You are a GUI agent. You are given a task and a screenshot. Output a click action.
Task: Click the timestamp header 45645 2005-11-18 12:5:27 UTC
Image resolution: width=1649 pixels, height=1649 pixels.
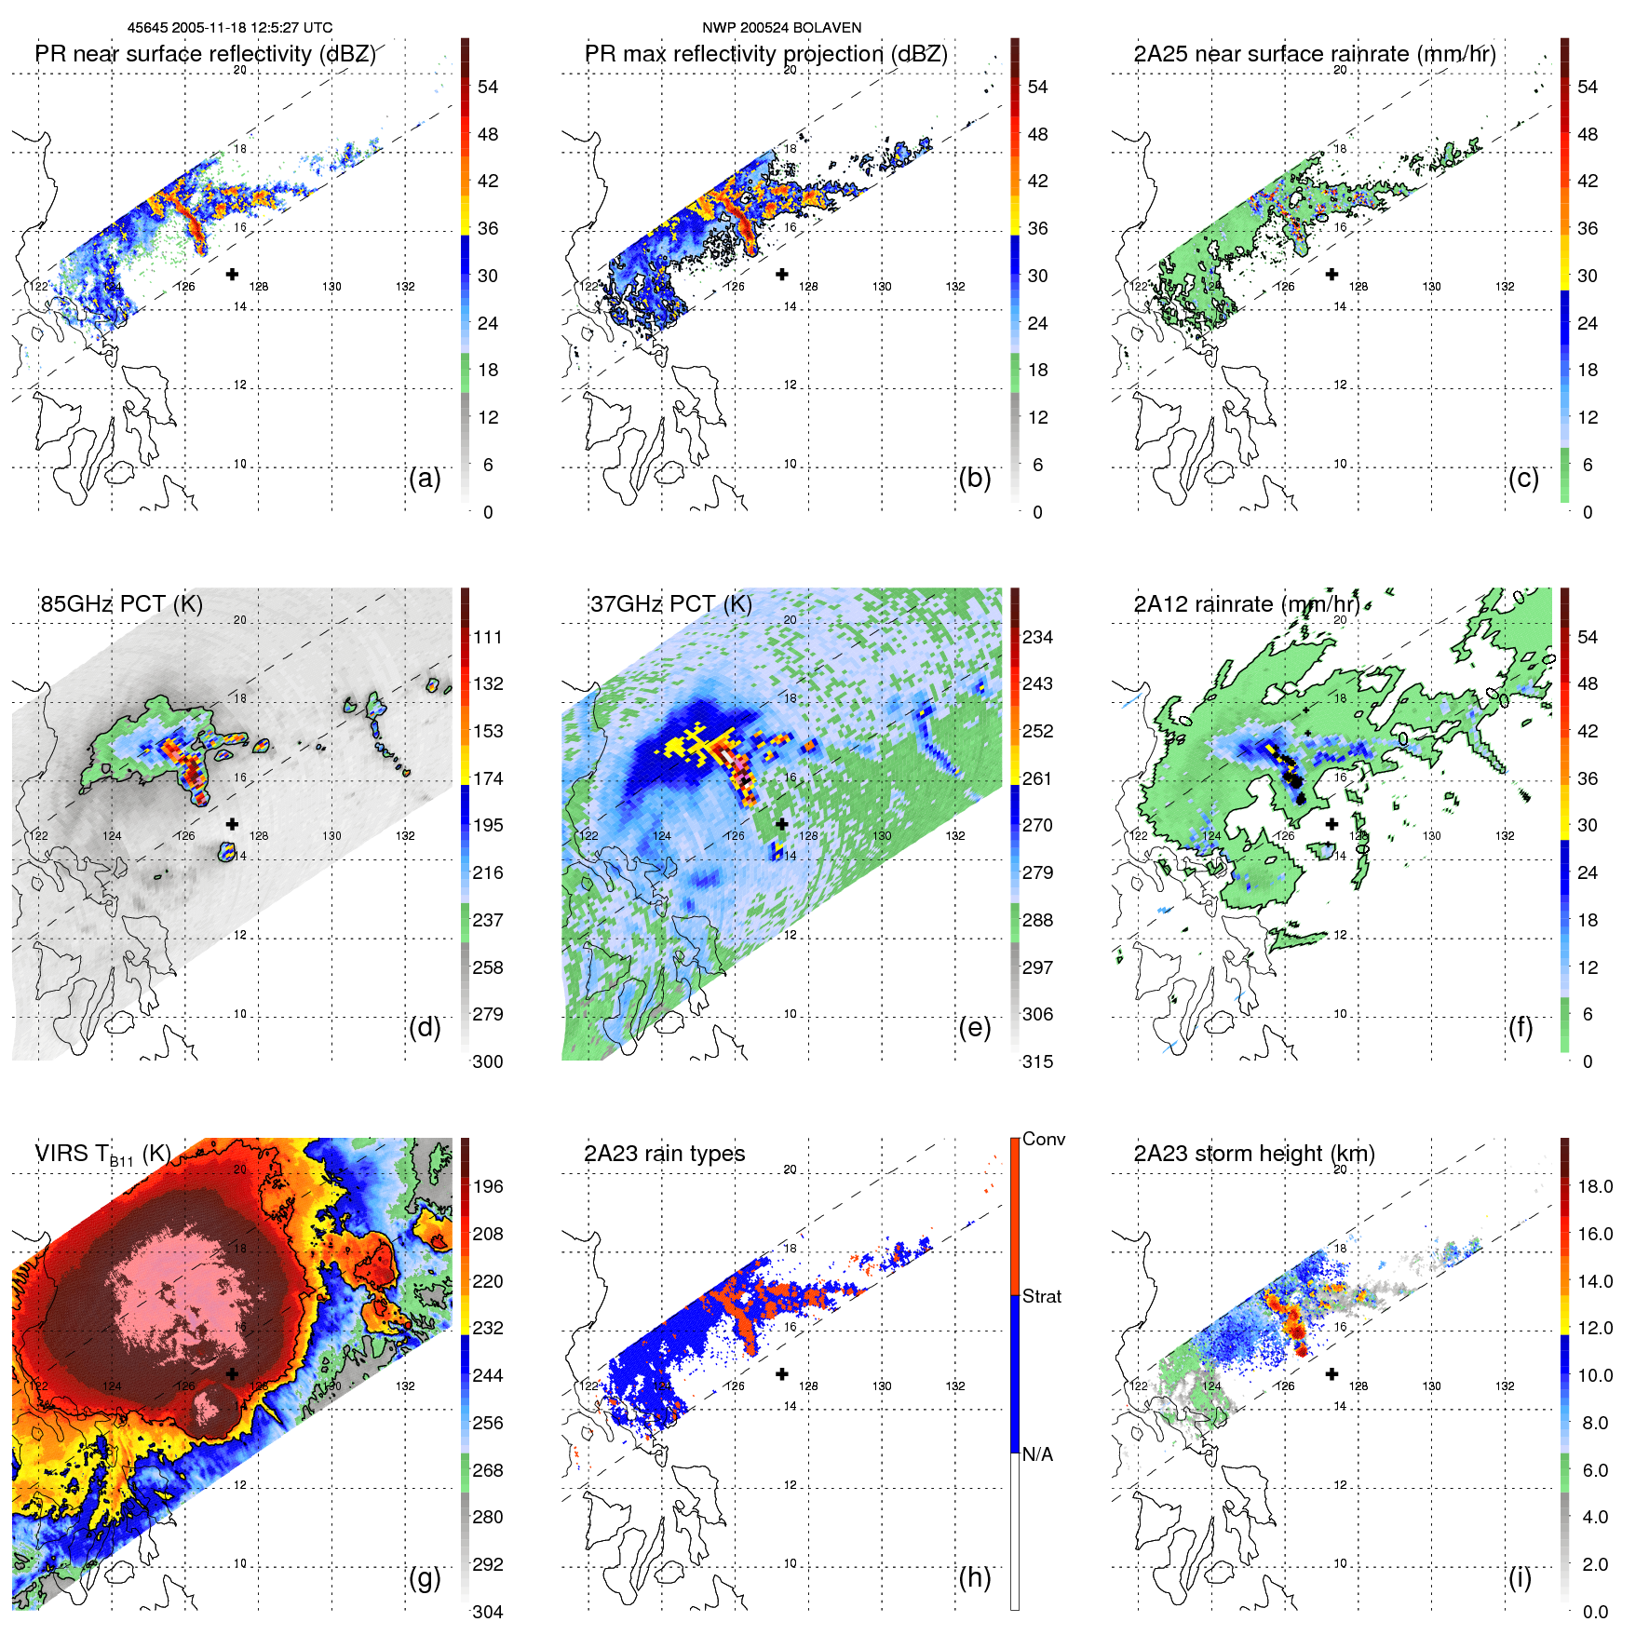tap(229, 28)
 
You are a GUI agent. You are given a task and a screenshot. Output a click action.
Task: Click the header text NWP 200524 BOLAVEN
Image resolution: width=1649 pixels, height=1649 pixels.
tap(781, 28)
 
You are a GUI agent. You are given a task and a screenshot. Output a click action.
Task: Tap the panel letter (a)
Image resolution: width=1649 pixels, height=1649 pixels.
tap(425, 478)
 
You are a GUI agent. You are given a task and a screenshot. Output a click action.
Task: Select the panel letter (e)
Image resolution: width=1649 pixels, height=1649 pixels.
tap(974, 1027)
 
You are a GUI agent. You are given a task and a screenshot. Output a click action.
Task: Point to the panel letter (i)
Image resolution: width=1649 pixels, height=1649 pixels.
tap(1520, 1577)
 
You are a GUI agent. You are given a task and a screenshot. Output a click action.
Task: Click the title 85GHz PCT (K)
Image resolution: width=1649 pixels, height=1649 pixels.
tap(121, 603)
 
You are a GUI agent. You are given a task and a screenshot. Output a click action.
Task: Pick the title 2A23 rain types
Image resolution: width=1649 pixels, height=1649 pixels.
tap(664, 1154)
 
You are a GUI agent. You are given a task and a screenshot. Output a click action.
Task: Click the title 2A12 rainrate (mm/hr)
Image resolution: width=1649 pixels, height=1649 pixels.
tap(1246, 603)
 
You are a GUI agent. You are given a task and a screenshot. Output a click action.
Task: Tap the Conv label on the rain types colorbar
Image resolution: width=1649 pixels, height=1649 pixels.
tap(1044, 1139)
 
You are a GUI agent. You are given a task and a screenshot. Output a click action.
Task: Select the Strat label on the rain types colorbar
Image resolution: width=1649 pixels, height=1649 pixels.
tap(1042, 1296)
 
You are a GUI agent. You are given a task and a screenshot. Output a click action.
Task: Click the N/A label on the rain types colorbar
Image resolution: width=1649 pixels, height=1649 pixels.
tap(1038, 1454)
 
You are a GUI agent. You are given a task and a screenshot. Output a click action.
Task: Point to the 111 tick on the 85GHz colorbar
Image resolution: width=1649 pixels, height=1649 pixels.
tap(488, 637)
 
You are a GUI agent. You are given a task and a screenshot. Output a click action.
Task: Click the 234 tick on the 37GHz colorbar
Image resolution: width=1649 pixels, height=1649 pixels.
tap(1037, 637)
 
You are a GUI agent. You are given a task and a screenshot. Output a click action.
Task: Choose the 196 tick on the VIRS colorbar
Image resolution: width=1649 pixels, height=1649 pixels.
tap(488, 1186)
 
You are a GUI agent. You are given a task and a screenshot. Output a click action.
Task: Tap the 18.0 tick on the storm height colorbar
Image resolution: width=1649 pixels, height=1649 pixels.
tap(1595, 1186)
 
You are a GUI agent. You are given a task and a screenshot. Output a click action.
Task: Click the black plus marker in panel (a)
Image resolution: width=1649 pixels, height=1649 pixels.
tap(232, 274)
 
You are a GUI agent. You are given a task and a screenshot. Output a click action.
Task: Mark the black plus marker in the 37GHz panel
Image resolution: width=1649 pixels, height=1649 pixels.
tap(782, 824)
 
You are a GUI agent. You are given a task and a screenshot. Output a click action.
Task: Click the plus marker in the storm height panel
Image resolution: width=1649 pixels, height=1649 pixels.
tap(1331, 1373)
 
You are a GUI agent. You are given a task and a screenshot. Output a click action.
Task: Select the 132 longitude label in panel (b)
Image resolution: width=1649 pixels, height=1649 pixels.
tap(955, 287)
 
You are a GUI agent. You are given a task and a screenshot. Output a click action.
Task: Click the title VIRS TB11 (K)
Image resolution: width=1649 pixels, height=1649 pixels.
tap(102, 1155)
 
